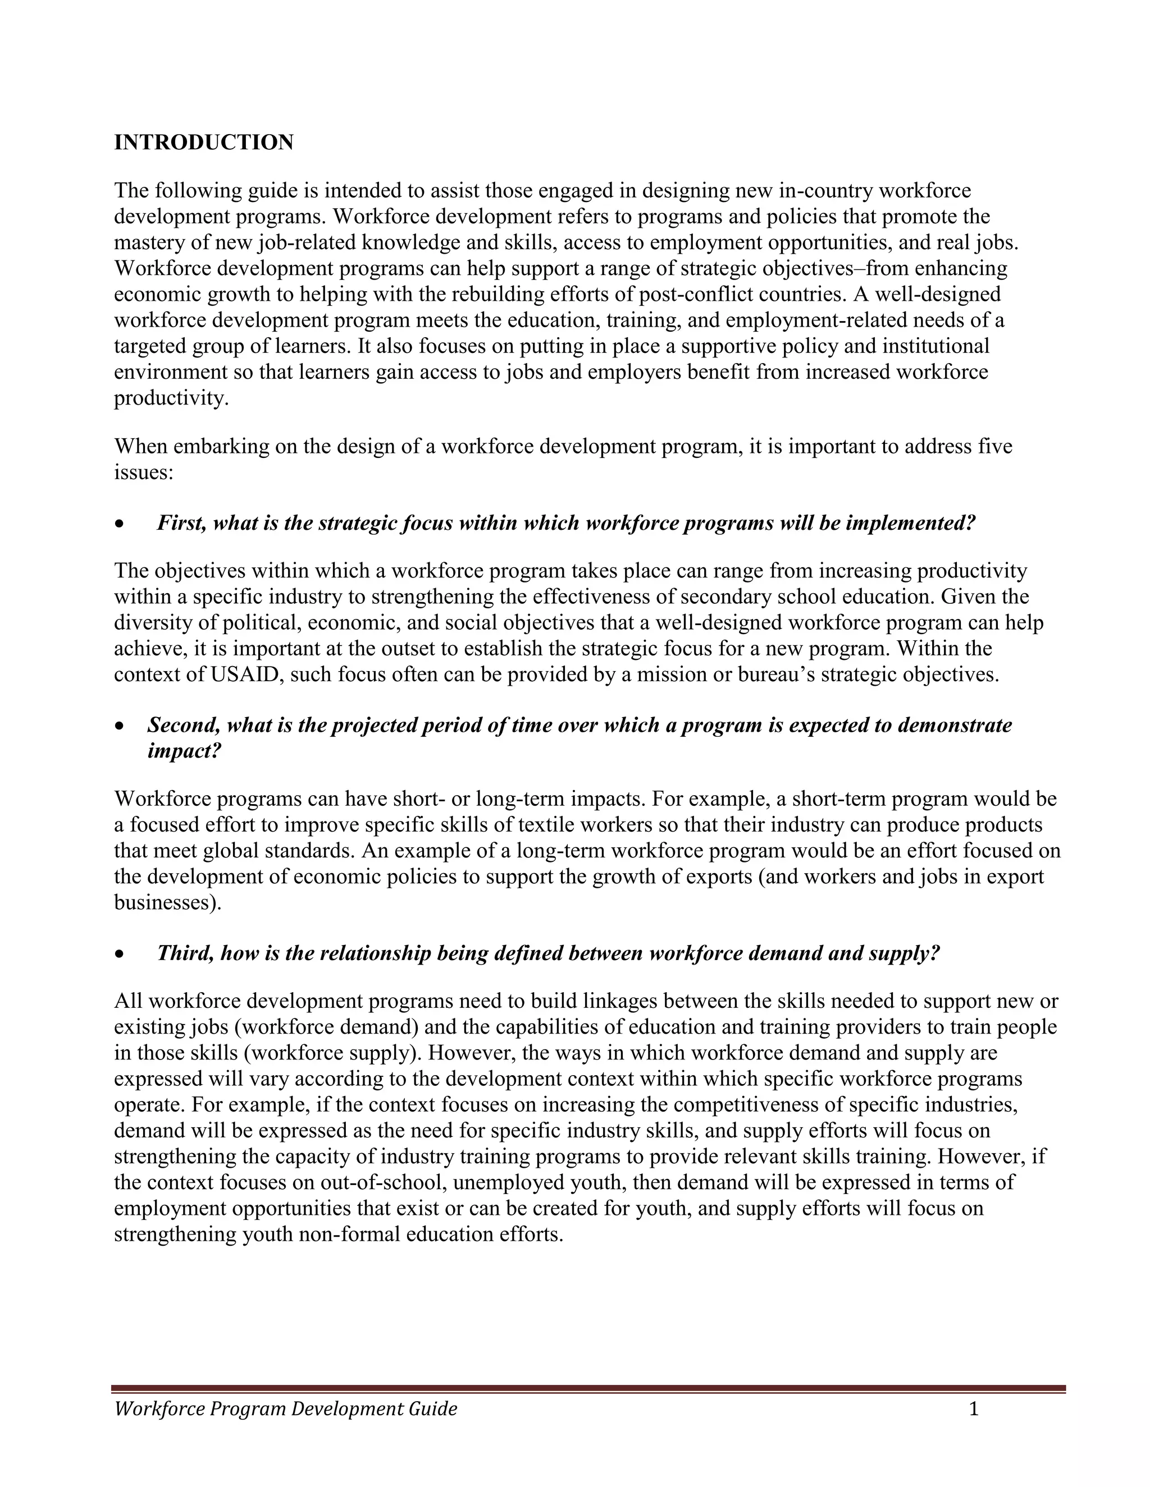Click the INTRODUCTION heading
204,143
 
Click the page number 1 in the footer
974,1408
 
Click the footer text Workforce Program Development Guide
285,1408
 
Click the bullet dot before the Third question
120,954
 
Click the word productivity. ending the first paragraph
172,398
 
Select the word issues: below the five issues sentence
144,472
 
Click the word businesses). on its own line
167,903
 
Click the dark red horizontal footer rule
588,1388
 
